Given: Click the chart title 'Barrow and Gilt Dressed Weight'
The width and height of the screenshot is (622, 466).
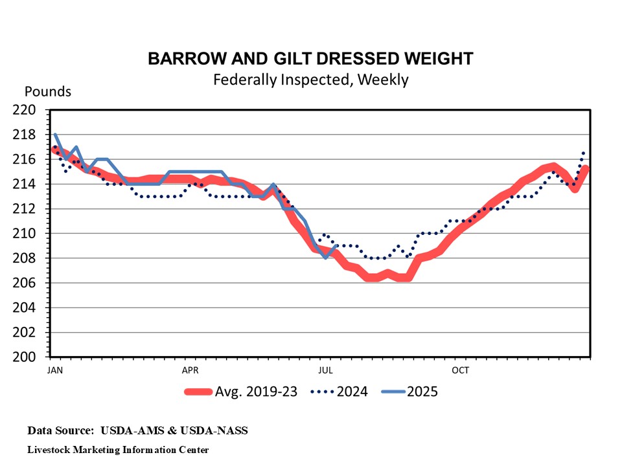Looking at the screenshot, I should (310, 59).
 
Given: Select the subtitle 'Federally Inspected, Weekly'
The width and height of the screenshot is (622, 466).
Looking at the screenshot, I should (310, 80).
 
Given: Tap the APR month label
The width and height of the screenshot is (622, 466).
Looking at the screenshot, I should (190, 371).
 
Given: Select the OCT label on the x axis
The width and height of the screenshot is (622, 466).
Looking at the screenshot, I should (460, 371).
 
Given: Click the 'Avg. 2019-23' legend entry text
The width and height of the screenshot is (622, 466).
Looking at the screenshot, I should (256, 392).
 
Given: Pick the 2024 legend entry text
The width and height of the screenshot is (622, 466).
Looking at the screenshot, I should (351, 392).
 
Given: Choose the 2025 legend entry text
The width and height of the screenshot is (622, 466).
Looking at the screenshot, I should (422, 392).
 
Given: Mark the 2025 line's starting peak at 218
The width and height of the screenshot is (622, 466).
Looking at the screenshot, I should (56, 135).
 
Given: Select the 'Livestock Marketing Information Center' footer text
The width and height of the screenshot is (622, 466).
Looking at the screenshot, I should (118, 449).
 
